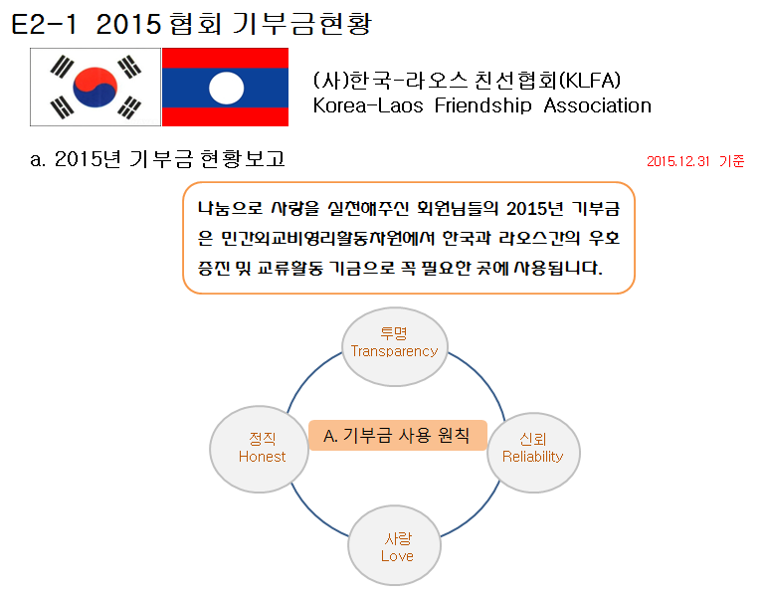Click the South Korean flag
96,88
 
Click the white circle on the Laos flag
226,88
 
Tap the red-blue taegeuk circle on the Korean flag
96,88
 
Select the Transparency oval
395,346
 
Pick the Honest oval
260,449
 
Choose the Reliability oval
533,452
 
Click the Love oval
395,545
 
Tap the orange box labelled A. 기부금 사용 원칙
398,435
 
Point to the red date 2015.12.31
677,161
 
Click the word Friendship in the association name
482,105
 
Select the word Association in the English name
598,105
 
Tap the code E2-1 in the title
44,24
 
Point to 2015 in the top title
128,24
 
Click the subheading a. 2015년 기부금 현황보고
157,158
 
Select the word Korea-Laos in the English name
368,105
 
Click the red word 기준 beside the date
732,161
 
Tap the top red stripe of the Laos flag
225,58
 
